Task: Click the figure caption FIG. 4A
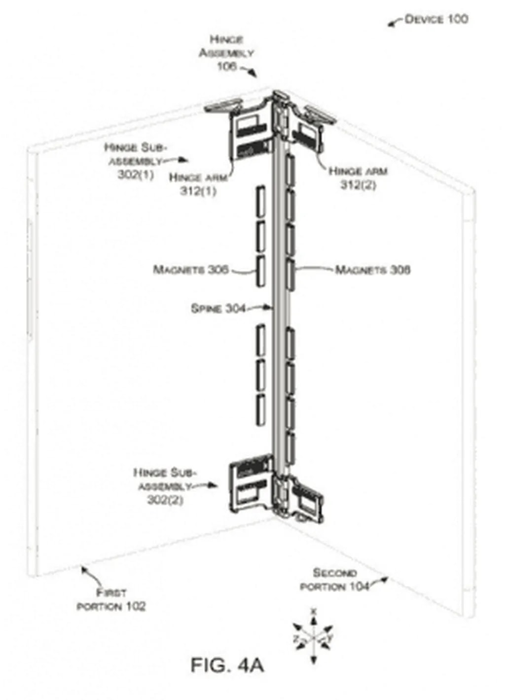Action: point(227,665)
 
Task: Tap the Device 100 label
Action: point(436,19)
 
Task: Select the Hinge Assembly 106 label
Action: point(226,52)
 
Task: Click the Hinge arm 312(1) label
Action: point(198,184)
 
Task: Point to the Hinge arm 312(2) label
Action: point(358,178)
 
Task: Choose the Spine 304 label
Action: point(217,308)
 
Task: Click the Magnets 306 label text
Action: point(190,269)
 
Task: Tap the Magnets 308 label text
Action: point(373,269)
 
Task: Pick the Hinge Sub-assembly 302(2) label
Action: point(165,485)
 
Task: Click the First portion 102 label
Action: point(111,599)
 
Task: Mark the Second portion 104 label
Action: point(334,580)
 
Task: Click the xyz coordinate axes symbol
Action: point(313,636)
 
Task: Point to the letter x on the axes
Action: point(313,611)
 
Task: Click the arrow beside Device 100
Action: point(395,22)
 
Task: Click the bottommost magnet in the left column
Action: point(259,410)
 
